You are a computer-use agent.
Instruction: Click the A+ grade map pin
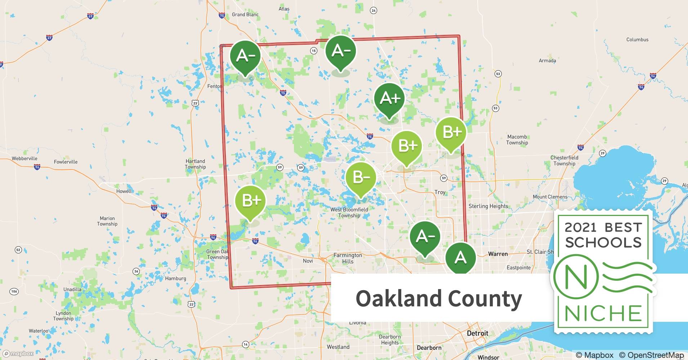[x=389, y=99]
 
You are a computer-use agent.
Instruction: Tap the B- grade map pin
[x=361, y=178]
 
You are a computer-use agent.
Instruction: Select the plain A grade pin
[x=460, y=258]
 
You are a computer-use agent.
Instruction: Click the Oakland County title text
[x=438, y=298]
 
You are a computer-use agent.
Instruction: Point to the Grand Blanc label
[x=245, y=15]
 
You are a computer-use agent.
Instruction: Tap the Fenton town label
[x=214, y=86]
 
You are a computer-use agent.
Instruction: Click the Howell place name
[x=124, y=191]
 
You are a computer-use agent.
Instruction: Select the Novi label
[x=308, y=261]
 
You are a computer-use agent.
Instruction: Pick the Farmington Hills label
[x=348, y=258]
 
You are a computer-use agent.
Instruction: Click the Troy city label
[x=440, y=192]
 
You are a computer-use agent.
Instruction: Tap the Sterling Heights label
[x=488, y=206]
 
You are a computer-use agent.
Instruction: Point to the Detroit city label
[x=477, y=333]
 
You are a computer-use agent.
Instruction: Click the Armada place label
[x=547, y=60]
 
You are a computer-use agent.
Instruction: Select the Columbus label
[x=637, y=40]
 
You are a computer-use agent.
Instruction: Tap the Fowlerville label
[x=66, y=162]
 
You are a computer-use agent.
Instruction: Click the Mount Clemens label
[x=550, y=197]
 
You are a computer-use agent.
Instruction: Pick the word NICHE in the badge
[x=603, y=313]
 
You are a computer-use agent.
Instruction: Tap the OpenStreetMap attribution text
[x=651, y=355]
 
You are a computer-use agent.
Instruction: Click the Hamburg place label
[x=175, y=278]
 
